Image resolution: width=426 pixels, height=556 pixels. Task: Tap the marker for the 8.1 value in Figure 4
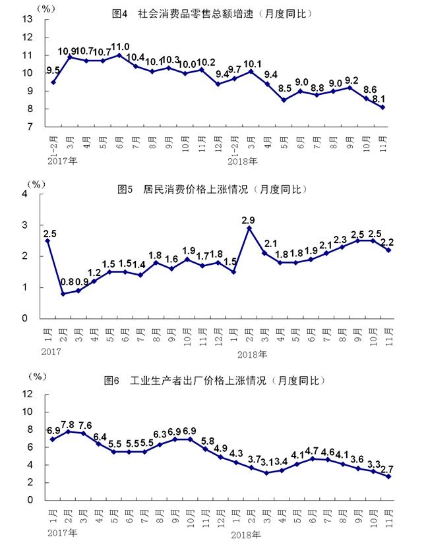[x=383, y=107]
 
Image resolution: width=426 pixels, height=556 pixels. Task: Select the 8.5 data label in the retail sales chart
[x=284, y=88]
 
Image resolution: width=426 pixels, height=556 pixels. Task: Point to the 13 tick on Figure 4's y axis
[x=28, y=20]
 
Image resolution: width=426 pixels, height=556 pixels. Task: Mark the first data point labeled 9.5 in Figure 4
[x=53, y=82]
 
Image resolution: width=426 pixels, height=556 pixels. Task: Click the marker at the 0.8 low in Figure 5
[x=63, y=294]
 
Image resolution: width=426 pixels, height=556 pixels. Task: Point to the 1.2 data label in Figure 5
[x=95, y=272]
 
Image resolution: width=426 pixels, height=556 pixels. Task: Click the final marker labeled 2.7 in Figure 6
[x=389, y=476]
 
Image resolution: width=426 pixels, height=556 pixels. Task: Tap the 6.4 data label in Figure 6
[x=100, y=436]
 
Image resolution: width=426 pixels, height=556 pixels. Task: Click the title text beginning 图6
[x=215, y=381]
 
